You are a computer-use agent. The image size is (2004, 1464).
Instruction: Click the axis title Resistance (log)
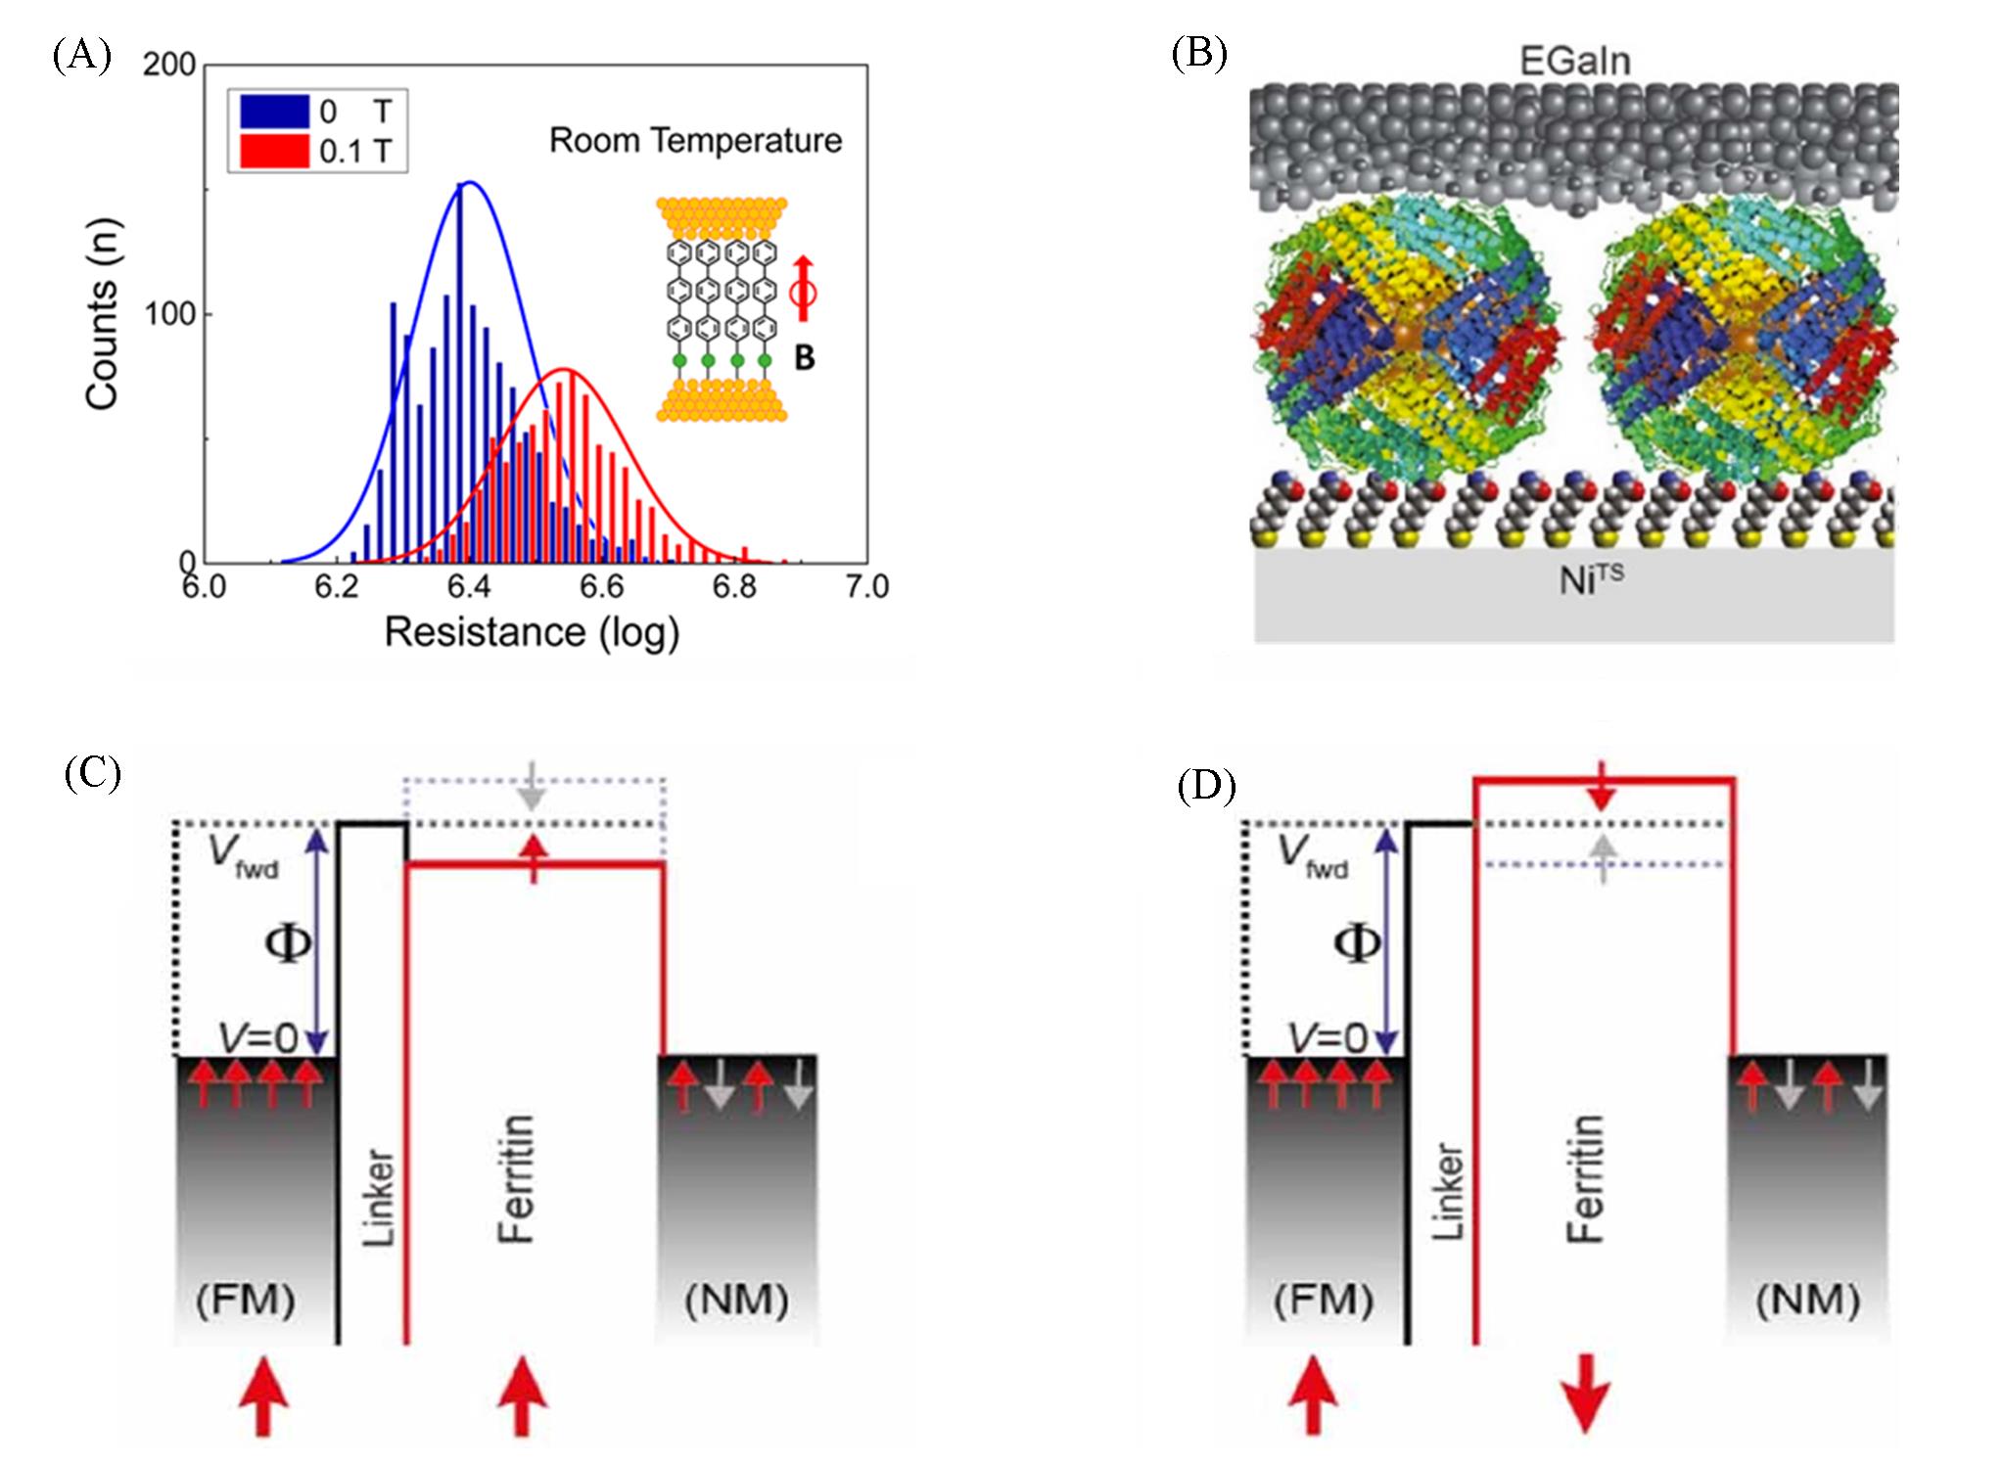click(532, 633)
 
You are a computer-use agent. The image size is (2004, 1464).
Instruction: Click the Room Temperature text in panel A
click(695, 141)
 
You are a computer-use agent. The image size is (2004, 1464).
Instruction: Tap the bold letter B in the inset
click(804, 359)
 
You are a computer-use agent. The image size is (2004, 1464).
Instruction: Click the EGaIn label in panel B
click(1575, 61)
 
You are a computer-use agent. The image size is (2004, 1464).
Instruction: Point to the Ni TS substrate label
click(1591, 581)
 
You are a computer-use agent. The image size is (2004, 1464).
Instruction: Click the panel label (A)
click(81, 56)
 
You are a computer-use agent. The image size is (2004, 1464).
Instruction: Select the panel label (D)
click(1207, 786)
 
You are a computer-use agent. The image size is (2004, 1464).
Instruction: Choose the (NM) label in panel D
click(1807, 1300)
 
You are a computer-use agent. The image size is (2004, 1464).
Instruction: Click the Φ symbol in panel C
click(289, 944)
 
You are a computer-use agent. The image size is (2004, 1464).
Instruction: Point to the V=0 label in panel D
click(1328, 1037)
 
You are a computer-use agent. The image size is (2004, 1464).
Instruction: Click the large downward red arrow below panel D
click(1586, 1402)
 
